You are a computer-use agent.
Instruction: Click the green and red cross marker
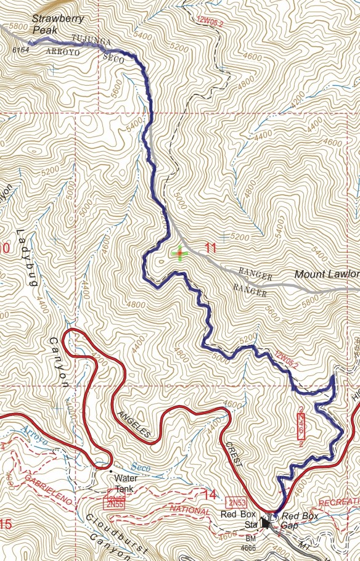[x=179, y=253]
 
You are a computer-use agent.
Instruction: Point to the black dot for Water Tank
[x=111, y=472]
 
